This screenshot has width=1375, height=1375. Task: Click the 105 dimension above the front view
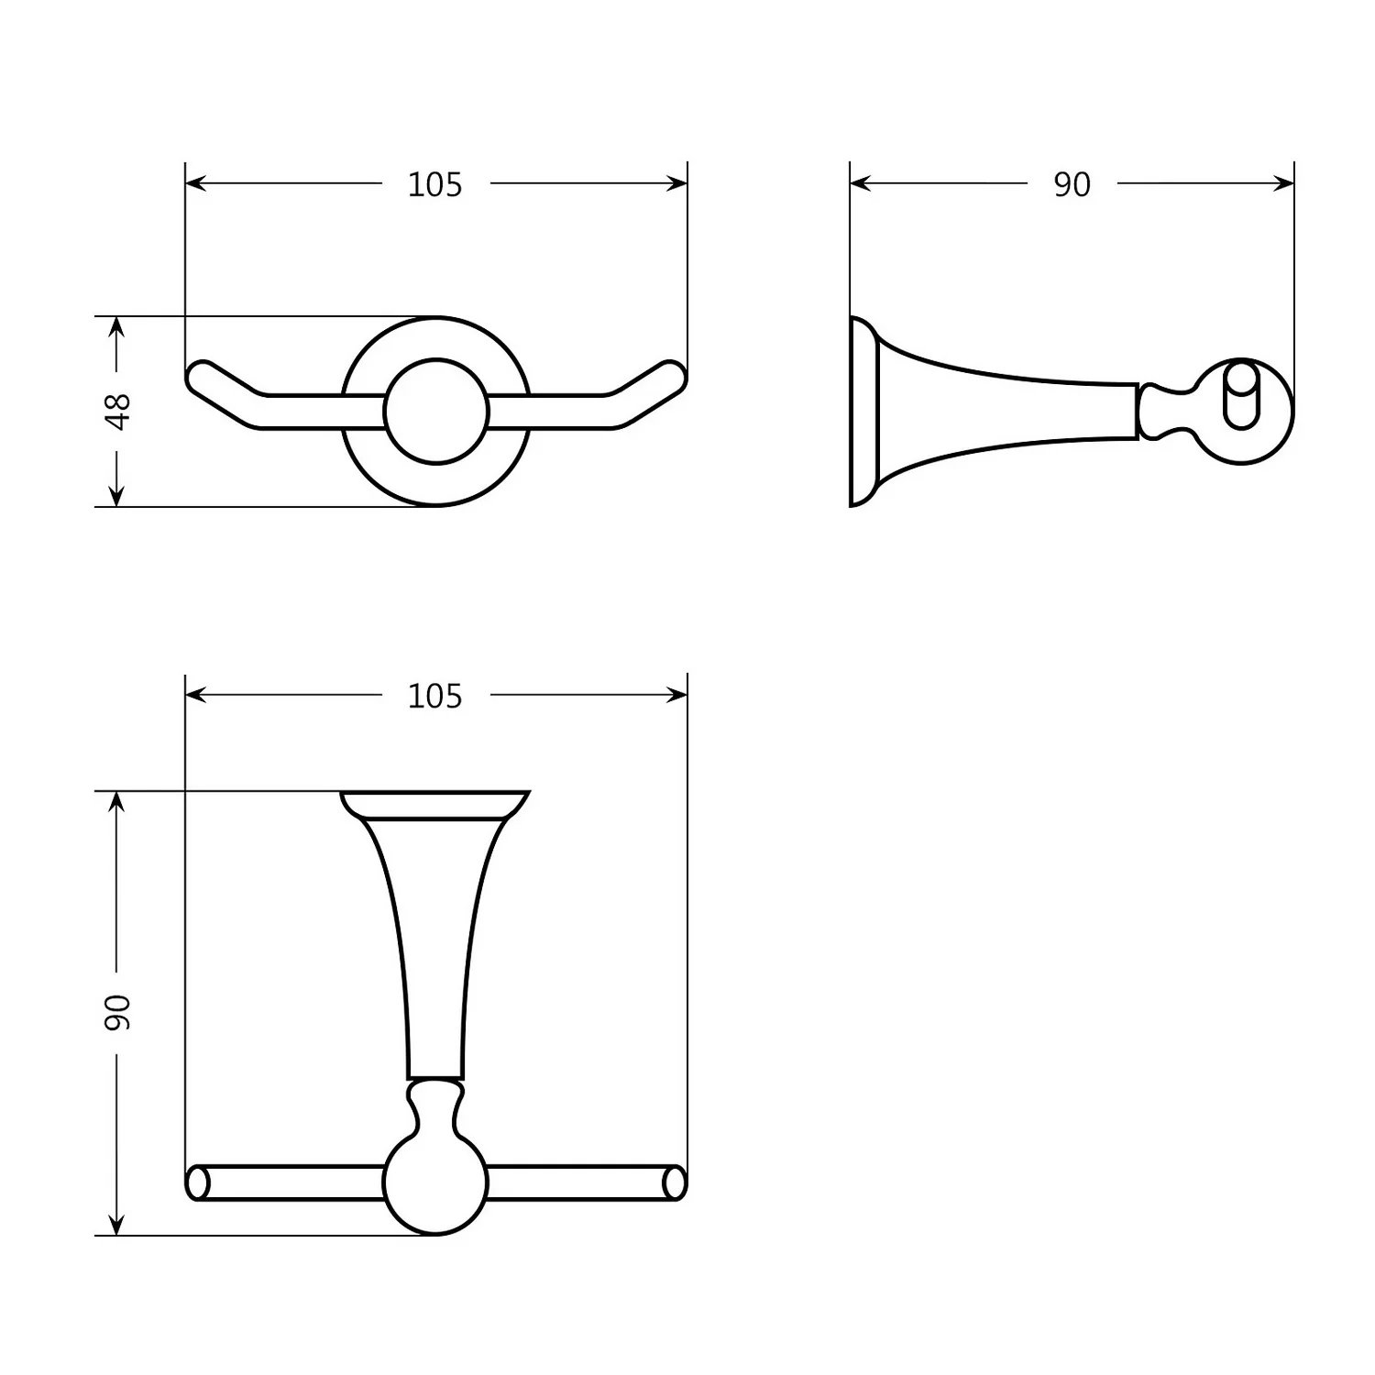[434, 185]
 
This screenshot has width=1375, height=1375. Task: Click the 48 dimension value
[118, 411]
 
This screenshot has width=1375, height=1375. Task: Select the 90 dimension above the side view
[1072, 185]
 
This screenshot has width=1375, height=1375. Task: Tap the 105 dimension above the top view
[434, 697]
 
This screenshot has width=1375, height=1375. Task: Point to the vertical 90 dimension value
[118, 1011]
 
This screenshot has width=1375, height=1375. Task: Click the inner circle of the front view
[435, 412]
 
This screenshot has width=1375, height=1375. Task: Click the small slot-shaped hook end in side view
[1241, 395]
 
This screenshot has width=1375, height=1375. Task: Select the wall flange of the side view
[863, 412]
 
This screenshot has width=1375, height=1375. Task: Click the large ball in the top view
[435, 1182]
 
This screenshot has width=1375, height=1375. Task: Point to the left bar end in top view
[196, 1182]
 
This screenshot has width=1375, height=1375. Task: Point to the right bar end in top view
[675, 1182]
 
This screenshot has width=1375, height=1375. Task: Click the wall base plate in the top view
[435, 803]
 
